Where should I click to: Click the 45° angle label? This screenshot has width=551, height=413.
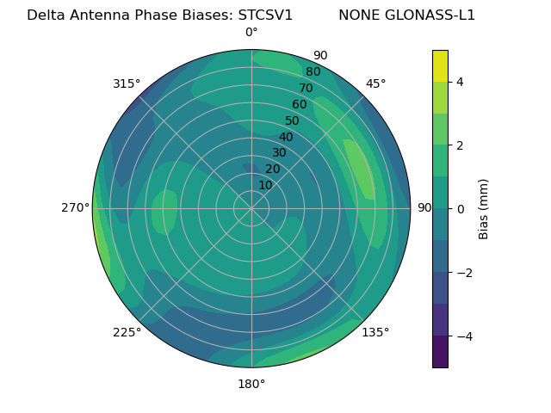tap(375, 83)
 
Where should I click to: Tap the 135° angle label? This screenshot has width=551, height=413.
tap(375, 332)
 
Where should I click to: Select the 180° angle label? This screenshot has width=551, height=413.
tap(251, 384)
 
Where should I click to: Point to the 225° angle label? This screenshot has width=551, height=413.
tap(127, 332)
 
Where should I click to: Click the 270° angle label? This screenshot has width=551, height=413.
tap(75, 208)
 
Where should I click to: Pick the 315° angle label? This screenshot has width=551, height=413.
tap(127, 83)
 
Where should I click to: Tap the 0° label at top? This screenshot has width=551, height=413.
tap(251, 33)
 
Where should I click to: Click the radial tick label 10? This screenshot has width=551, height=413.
tap(265, 185)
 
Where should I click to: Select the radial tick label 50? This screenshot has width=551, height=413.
tap(292, 120)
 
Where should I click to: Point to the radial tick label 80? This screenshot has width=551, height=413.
tap(313, 71)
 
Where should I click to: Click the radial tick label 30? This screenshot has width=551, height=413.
tap(279, 153)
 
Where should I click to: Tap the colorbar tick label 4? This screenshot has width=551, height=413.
tap(460, 82)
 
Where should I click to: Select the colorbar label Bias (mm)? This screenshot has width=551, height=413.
tap(484, 209)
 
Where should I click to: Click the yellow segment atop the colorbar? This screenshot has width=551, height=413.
tap(440, 65)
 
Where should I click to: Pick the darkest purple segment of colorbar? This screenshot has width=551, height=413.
tap(440, 352)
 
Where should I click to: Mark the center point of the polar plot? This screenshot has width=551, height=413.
tap(251, 208)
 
